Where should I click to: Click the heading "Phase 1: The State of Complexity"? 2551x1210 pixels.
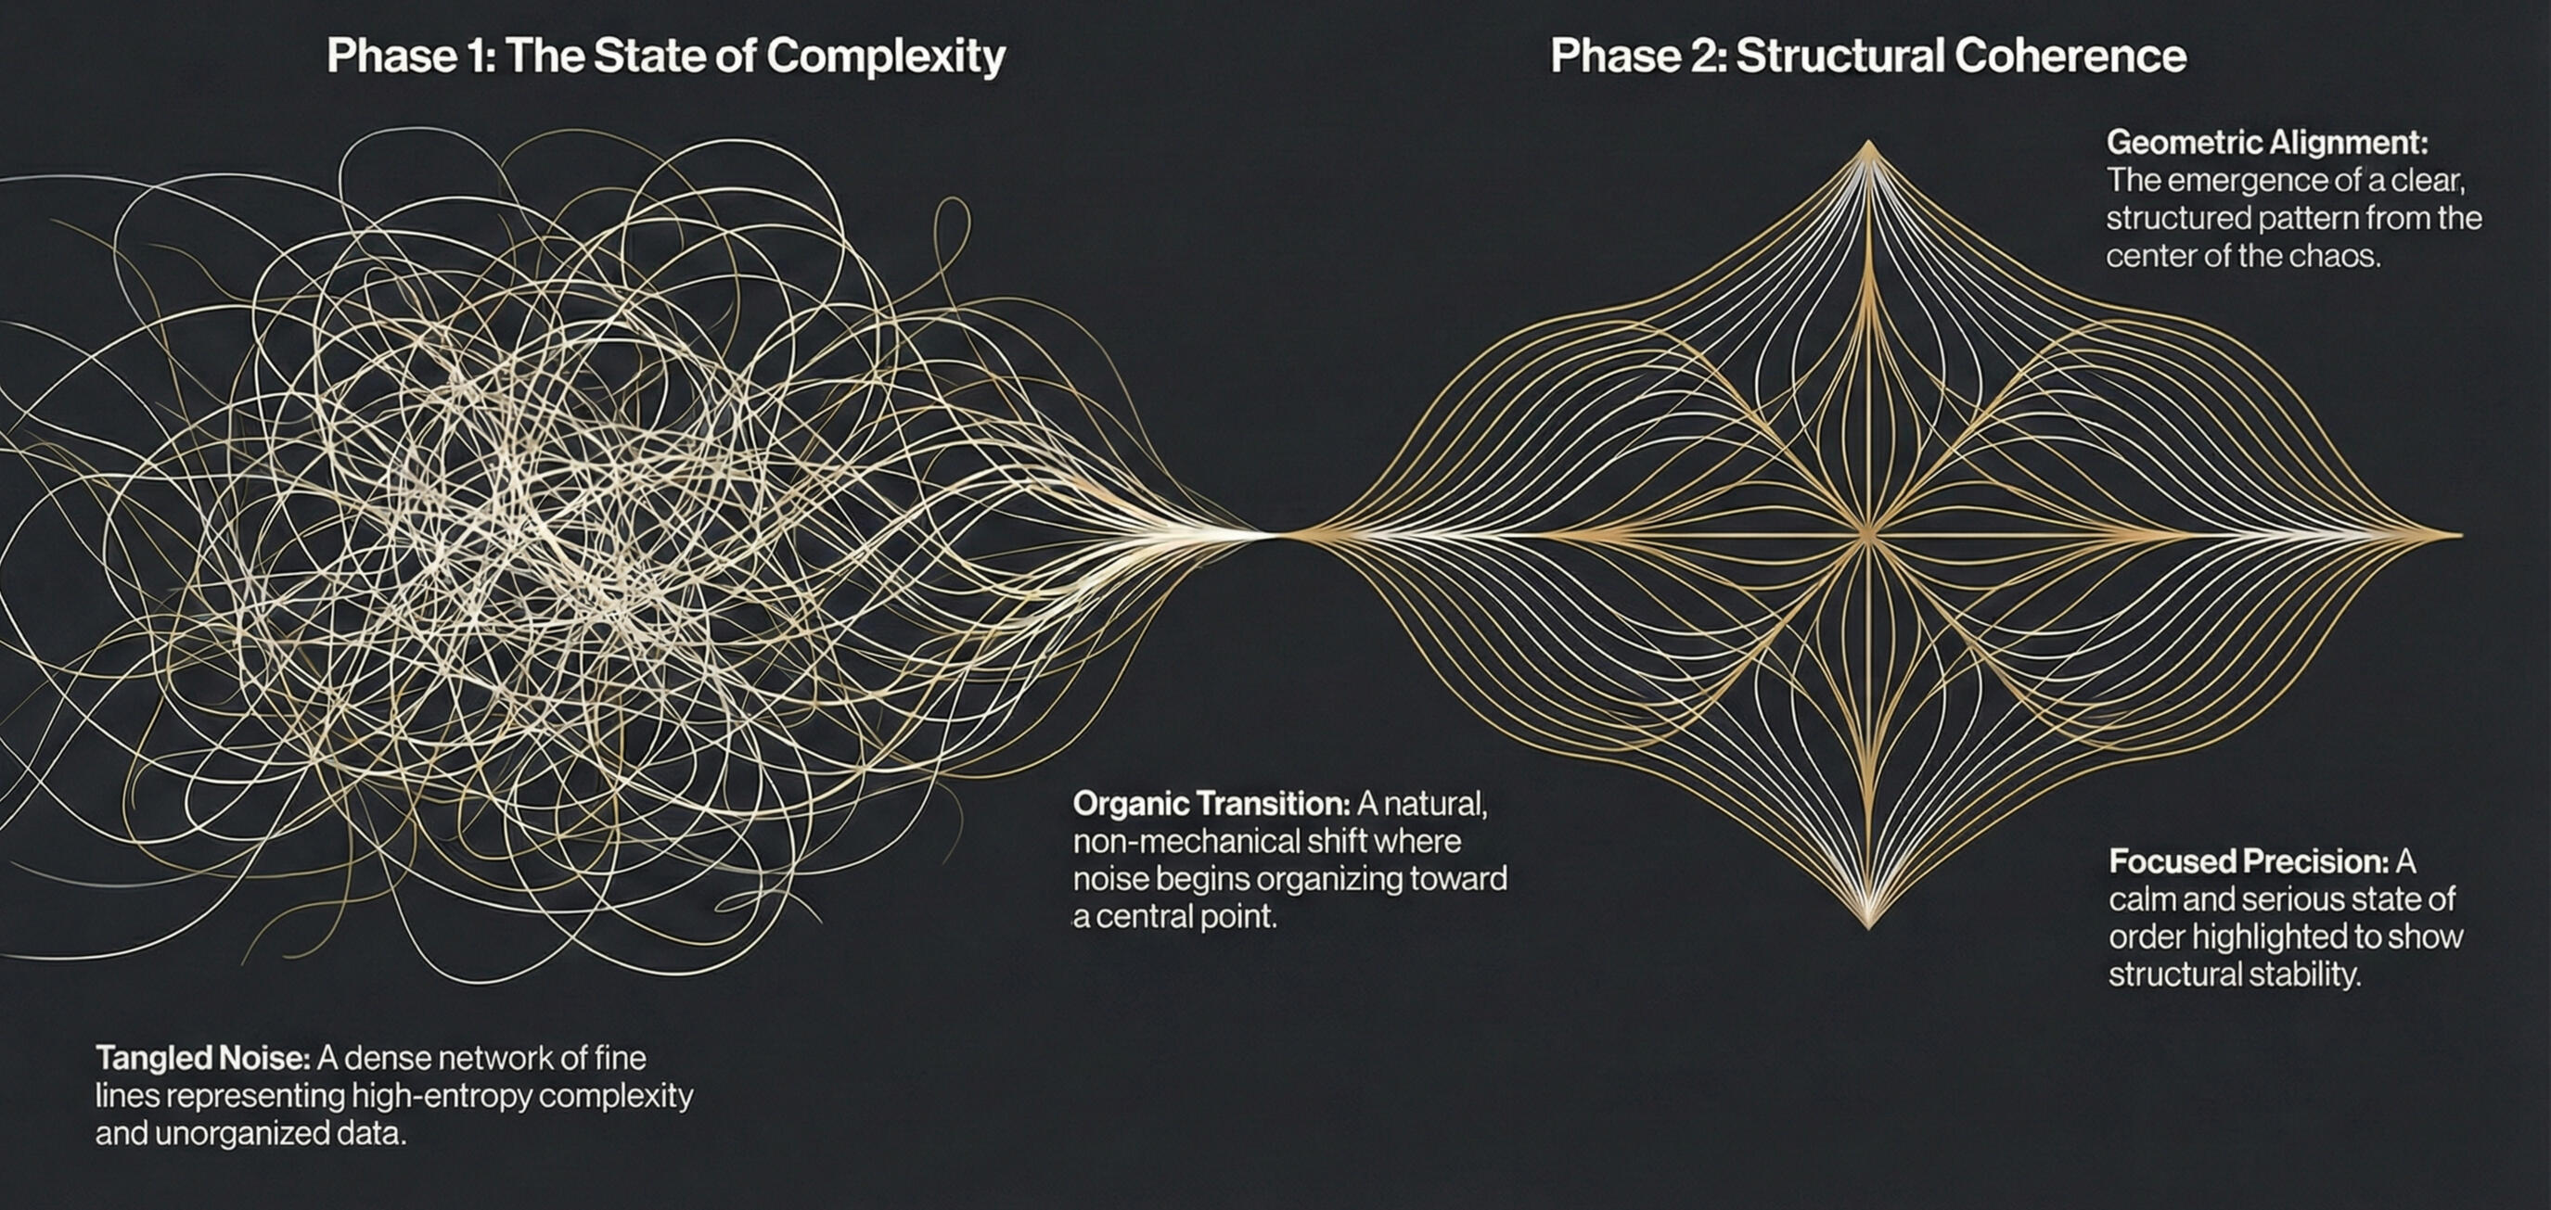click(x=665, y=56)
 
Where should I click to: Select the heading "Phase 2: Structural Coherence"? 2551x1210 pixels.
click(x=1867, y=56)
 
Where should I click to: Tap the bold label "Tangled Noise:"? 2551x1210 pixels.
click(x=203, y=1059)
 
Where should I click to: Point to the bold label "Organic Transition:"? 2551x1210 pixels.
click(x=1211, y=803)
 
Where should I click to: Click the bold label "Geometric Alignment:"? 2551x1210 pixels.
click(x=2267, y=143)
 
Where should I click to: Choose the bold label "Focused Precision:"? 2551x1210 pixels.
click(x=2249, y=861)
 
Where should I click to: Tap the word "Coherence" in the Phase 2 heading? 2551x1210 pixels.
click(x=2070, y=56)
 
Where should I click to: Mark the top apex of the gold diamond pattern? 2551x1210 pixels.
click(x=1868, y=141)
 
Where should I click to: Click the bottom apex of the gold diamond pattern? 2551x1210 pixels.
click(x=1868, y=928)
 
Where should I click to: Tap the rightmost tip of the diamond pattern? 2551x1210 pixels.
click(x=2461, y=535)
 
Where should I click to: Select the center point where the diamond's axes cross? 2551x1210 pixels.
click(x=1868, y=535)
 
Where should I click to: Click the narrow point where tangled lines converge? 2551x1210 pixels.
click(x=1277, y=535)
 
